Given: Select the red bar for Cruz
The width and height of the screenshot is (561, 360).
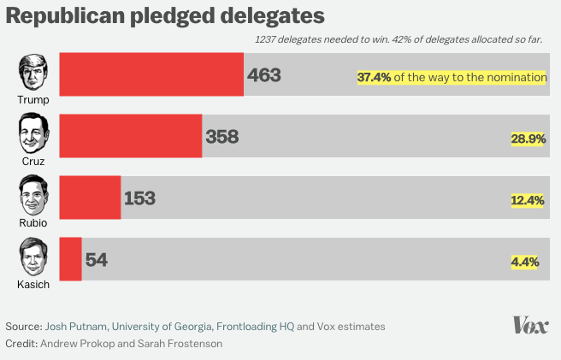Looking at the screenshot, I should [130, 136].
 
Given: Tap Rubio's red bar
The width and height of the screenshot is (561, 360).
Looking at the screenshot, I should [90, 198].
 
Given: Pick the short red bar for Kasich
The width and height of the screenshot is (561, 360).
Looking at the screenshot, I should [70, 259].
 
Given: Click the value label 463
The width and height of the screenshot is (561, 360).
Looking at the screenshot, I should [264, 75].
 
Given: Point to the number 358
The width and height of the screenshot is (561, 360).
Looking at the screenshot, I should [221, 137].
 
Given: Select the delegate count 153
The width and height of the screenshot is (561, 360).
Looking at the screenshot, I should [139, 198].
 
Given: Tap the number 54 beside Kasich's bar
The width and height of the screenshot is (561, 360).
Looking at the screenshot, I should [97, 260].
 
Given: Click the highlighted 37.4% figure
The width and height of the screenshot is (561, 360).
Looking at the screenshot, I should [374, 77].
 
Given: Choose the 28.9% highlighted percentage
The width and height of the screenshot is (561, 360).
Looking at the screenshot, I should [529, 139].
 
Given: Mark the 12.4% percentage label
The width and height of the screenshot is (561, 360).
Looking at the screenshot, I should [528, 200].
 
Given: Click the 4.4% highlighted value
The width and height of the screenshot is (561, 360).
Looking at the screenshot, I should [525, 262].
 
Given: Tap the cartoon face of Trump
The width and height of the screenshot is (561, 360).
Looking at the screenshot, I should [32, 73].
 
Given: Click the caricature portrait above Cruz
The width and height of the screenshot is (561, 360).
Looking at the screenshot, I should [33, 133].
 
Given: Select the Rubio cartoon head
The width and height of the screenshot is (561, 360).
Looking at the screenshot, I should [33, 196].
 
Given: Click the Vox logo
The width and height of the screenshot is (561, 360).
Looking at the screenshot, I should [530, 325].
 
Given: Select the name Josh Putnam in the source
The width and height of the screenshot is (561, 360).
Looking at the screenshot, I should [76, 326].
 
